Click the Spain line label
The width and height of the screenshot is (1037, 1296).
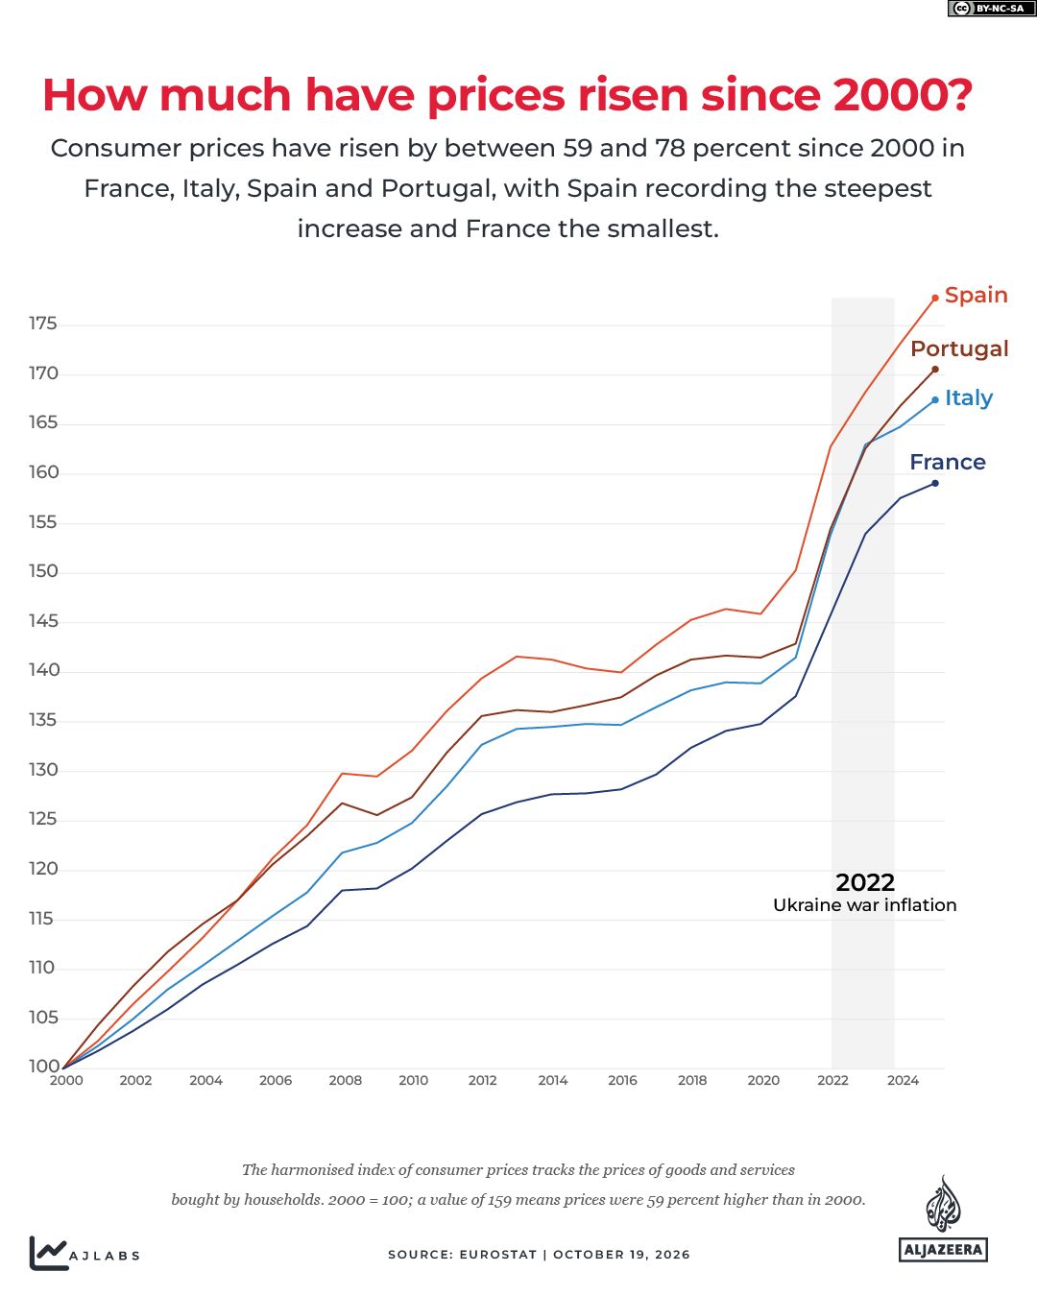coord(976,295)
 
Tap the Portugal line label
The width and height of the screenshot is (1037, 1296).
coord(958,349)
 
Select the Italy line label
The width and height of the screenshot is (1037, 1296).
coord(968,398)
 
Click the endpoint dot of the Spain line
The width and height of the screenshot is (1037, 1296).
coord(934,299)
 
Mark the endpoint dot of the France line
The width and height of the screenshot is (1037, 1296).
coord(934,483)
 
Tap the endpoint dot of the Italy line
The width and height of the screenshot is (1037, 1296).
coord(934,400)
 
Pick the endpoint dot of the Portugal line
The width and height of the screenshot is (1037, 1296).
coord(934,370)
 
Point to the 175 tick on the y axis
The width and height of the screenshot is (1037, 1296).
coord(43,324)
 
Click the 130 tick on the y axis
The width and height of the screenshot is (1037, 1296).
coord(43,770)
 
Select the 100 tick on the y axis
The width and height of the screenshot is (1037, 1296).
coord(43,1066)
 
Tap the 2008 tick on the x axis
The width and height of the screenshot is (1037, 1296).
coord(345,1080)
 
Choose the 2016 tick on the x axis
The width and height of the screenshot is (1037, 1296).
coord(622,1080)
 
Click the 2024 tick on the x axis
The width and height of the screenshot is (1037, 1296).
coord(902,1080)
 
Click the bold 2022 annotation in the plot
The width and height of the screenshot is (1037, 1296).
coord(865,883)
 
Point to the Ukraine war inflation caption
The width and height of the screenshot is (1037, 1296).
coord(864,905)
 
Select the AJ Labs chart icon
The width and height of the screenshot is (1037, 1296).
coord(48,1253)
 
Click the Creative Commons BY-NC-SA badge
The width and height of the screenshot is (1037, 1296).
coord(991,9)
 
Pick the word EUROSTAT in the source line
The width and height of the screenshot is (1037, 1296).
coord(497,1255)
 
